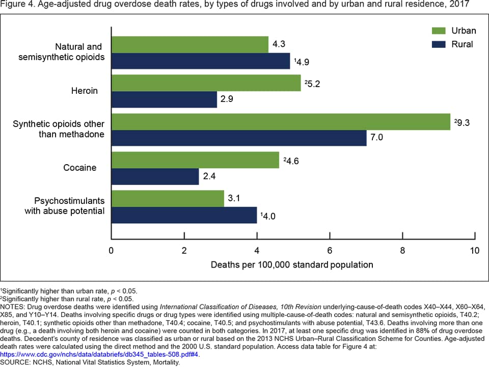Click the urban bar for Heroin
[x=206, y=83]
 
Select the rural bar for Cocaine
[x=155, y=176]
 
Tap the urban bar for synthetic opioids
[x=281, y=122]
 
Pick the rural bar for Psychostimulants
[x=184, y=215]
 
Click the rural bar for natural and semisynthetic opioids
[x=200, y=61]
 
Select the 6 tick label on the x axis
[x=330, y=251]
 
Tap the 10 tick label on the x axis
[x=474, y=251]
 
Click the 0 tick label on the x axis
[x=111, y=251]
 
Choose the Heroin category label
[x=84, y=91]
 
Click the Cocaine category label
[x=80, y=168]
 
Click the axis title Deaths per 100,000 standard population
[x=292, y=265]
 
